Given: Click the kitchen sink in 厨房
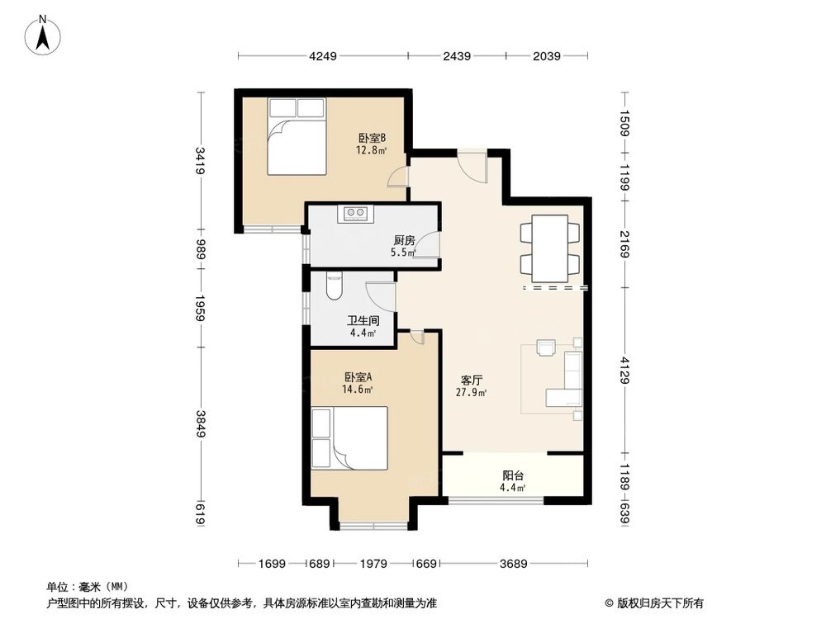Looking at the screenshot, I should [357, 213].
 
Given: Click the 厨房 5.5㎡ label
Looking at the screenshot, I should [404, 246].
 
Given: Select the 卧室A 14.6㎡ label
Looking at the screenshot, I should [358, 384].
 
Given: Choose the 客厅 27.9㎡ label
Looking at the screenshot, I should [472, 386].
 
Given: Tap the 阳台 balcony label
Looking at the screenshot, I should [514, 481].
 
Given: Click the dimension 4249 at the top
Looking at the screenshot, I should [323, 56].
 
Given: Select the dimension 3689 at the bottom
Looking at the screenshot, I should [515, 564].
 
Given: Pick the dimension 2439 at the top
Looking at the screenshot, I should [457, 56].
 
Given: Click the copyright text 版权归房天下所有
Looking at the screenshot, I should [657, 602].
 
